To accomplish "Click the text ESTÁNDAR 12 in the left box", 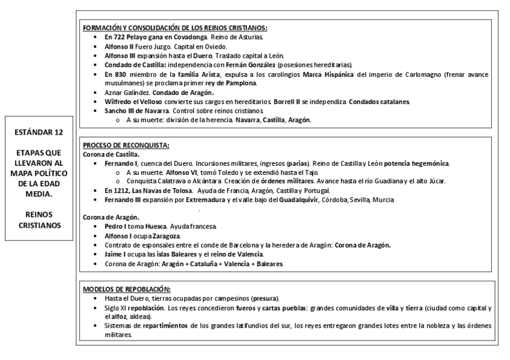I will tap(40, 130).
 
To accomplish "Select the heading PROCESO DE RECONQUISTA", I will tap(126, 145).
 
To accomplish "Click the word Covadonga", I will tap(158, 37).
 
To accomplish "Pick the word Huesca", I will tap(150, 226).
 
